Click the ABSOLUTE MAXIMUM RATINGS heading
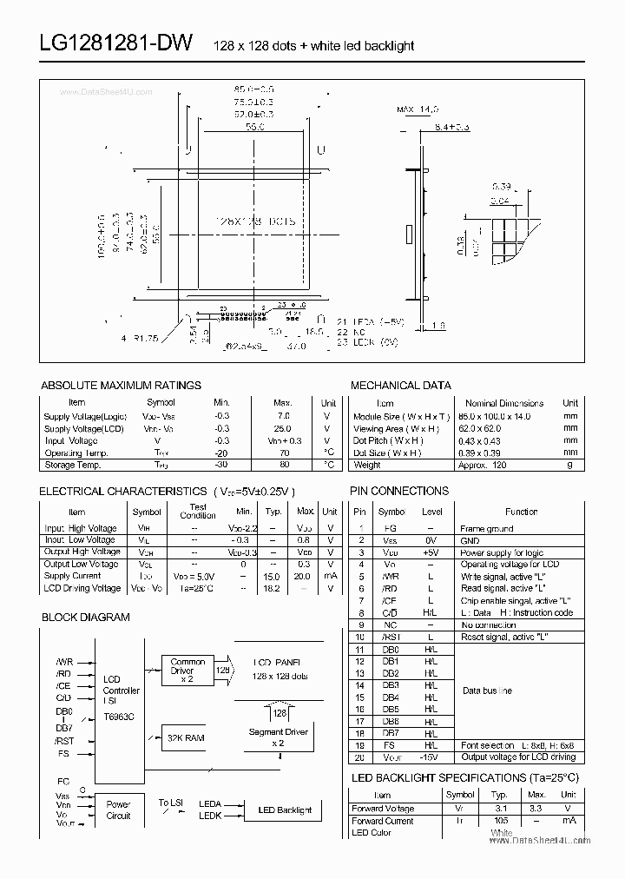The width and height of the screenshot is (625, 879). click(x=121, y=385)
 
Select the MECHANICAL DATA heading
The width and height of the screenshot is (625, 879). click(x=400, y=385)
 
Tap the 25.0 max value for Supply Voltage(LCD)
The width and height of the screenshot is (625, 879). click(x=283, y=428)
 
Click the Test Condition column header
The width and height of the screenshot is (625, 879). click(x=198, y=511)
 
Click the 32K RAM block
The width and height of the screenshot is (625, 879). click(x=186, y=737)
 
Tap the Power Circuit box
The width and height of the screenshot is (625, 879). click(x=118, y=810)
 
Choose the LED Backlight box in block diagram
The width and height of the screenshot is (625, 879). click(x=284, y=810)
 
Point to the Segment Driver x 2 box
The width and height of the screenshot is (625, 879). click(x=278, y=737)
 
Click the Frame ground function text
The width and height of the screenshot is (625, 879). click(x=486, y=528)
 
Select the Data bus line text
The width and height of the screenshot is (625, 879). click(x=487, y=691)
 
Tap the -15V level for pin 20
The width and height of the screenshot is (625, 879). click(x=431, y=757)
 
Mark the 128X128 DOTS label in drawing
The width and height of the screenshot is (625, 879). click(x=254, y=221)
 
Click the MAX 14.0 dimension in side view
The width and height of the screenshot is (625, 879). click(x=418, y=109)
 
